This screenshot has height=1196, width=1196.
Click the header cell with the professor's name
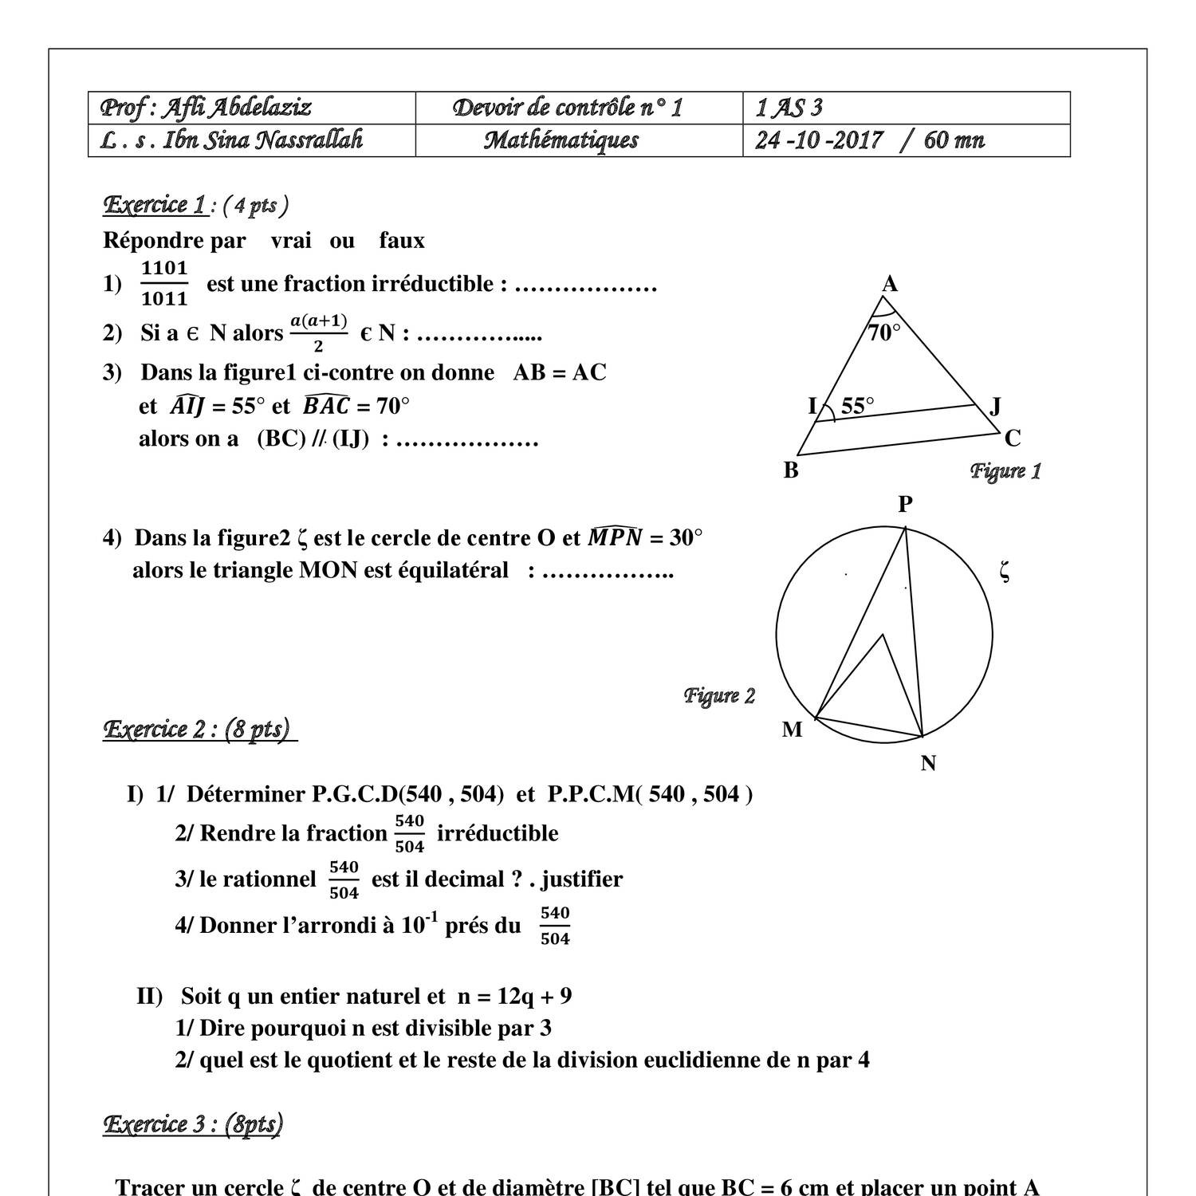(x=206, y=108)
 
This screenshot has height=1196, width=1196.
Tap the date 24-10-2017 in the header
(x=819, y=140)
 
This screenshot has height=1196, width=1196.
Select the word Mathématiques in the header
(x=561, y=140)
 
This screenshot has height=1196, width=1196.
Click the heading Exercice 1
(x=156, y=205)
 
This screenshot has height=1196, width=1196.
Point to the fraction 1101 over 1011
(x=164, y=283)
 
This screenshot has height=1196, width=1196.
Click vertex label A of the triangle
(x=890, y=284)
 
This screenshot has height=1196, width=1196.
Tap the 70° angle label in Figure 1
(x=884, y=332)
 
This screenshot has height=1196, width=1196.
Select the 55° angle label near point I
(x=857, y=406)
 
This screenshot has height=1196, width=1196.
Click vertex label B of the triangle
(x=791, y=470)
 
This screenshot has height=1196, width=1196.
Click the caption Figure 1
(x=1005, y=470)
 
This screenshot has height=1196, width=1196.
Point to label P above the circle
(x=905, y=504)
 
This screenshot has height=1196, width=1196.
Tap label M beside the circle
(x=792, y=730)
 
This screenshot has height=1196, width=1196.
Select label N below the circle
(x=928, y=764)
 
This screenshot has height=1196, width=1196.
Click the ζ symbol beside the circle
(x=1005, y=571)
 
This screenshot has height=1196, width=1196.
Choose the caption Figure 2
(x=719, y=695)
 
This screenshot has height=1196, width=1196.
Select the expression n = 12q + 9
(x=514, y=996)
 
